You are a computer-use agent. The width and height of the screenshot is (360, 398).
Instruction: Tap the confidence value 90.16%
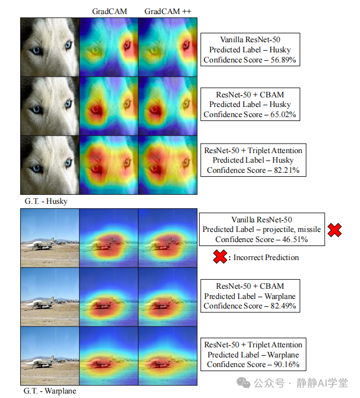click(x=285, y=364)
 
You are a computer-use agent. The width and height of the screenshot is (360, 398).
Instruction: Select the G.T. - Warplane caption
click(x=49, y=391)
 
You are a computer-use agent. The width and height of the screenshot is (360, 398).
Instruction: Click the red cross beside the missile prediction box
click(x=335, y=230)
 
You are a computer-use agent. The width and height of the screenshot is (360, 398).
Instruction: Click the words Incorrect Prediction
click(x=266, y=257)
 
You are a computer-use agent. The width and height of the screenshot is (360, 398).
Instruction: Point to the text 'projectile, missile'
click(x=290, y=229)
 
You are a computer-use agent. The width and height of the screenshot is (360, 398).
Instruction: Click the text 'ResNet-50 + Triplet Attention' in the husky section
click(x=253, y=150)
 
